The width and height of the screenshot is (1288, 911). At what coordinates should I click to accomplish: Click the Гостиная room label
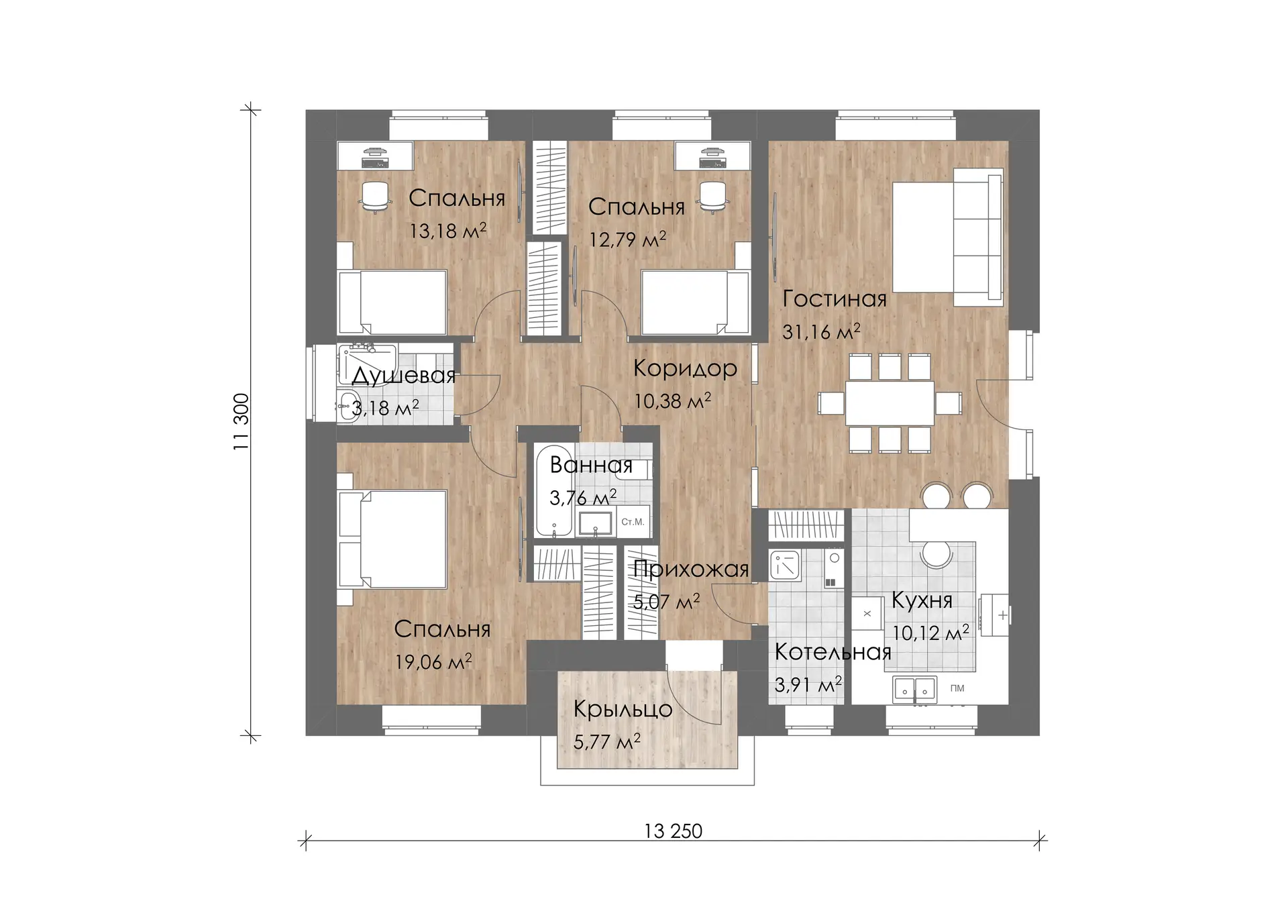click(835, 299)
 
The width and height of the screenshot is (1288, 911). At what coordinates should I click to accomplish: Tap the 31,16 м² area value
click(821, 331)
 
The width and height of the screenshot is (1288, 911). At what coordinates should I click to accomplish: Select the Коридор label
click(685, 368)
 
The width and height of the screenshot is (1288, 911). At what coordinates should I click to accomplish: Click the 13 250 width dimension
click(673, 831)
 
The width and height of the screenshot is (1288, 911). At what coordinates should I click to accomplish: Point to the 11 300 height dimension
click(241, 421)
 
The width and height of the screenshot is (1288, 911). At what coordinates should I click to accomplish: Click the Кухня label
click(922, 600)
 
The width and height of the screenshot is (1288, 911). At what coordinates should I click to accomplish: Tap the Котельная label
click(833, 652)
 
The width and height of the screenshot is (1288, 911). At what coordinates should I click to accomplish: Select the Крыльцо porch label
click(623, 710)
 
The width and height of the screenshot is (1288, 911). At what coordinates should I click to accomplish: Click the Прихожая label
click(691, 570)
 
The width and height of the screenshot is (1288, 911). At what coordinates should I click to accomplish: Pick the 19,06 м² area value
click(433, 662)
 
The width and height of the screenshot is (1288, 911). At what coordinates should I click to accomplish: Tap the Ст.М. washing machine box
click(633, 521)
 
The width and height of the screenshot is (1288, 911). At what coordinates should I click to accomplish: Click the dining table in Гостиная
click(890, 403)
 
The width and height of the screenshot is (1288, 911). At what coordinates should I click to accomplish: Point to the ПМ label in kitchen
click(957, 688)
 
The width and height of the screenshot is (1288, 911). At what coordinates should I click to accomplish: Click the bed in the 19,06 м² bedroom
click(393, 539)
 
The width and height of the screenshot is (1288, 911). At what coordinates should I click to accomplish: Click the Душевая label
click(403, 376)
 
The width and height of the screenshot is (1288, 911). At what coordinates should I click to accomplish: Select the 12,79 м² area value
click(627, 239)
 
